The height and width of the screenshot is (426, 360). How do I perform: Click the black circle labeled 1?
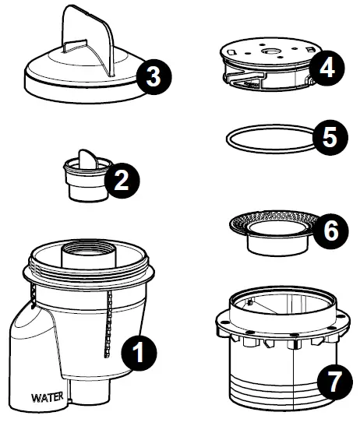[139, 353]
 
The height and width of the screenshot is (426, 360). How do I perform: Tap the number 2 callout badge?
[122, 181]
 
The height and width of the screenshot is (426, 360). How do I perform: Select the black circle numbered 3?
[154, 77]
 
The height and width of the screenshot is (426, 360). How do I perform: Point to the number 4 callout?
[326, 69]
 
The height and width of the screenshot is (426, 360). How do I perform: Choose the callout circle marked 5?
[330, 138]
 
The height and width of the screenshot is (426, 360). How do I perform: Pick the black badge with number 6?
[331, 231]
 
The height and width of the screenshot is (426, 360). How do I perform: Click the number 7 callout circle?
[335, 382]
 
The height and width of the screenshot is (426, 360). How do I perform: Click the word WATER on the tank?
[48, 397]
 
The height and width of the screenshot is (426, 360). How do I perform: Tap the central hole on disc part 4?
[270, 51]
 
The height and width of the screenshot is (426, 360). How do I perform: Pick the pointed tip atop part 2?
[87, 158]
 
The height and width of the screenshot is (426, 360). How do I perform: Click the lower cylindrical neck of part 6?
[278, 245]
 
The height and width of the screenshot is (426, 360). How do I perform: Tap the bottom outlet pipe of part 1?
[90, 392]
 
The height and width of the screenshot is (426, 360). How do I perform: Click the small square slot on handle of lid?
[76, 46]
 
